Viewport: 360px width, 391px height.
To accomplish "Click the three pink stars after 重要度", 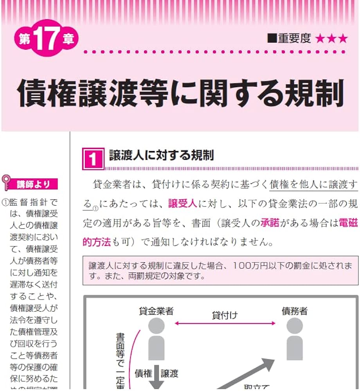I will pyautogui.click(x=331, y=38).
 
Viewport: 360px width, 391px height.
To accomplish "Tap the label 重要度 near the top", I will pyautogui.click(x=294, y=38).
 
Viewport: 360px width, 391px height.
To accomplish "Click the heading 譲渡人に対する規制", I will pyautogui.click(x=161, y=156).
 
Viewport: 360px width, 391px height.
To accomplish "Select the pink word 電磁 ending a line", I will pyautogui.click(x=348, y=223).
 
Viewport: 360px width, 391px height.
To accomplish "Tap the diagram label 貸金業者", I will pyautogui.click(x=156, y=311).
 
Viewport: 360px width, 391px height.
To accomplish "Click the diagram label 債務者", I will pyautogui.click(x=295, y=311).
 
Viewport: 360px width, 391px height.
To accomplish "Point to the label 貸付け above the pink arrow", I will pyautogui.click(x=225, y=315).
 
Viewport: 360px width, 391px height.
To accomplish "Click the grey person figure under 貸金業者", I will pyautogui.click(x=157, y=338).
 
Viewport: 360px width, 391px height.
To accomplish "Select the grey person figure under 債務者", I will pyautogui.click(x=295, y=338).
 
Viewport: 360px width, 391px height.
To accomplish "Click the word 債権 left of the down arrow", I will pyautogui.click(x=143, y=373).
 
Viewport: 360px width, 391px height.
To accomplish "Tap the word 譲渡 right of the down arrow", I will pyautogui.click(x=169, y=373).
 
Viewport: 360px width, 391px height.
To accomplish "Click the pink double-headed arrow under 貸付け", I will pyautogui.click(x=225, y=323).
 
